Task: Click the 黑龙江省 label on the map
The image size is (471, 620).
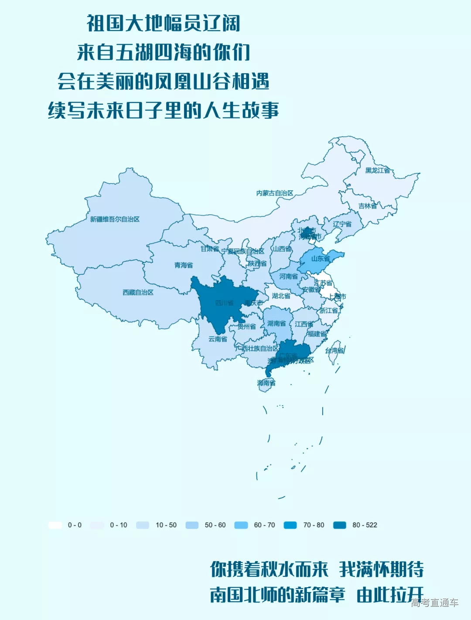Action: pos(377,171)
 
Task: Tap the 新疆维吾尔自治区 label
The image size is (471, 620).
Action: pos(115,219)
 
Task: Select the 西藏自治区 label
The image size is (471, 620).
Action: pos(138,292)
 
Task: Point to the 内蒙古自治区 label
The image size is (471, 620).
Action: pos(275,193)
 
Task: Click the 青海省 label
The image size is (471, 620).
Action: pos(184,265)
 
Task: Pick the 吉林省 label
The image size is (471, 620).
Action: pos(368,206)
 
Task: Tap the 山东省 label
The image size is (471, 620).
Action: pos(321,259)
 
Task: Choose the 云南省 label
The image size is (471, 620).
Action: pos(218,339)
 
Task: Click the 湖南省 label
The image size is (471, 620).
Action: pos(276,323)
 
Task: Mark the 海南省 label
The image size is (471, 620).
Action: pos(266,383)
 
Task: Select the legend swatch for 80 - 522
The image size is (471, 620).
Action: pos(339,525)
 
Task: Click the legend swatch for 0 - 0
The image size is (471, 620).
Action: pos(55,525)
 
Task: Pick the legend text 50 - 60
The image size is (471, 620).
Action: pos(215,525)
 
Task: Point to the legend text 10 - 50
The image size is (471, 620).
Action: pos(166,525)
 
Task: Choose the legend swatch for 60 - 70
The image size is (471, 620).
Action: pos(241,525)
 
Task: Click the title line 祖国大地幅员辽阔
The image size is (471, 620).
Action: pos(163,23)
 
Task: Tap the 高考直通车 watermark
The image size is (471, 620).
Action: pos(434,603)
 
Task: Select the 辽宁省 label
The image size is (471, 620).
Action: pos(342,224)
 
